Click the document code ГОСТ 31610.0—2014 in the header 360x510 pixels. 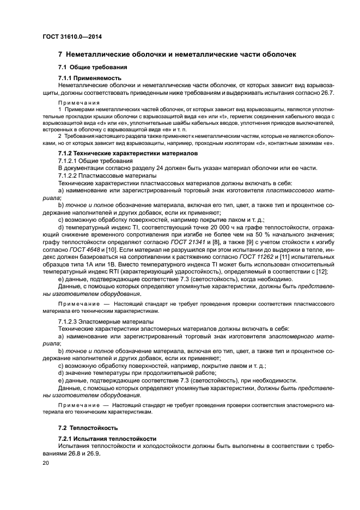pyautogui.click(x=72, y=37)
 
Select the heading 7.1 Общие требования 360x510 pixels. pyautogui.click(x=92, y=67)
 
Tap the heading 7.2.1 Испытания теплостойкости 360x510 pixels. pyautogui.click(x=107, y=439)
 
